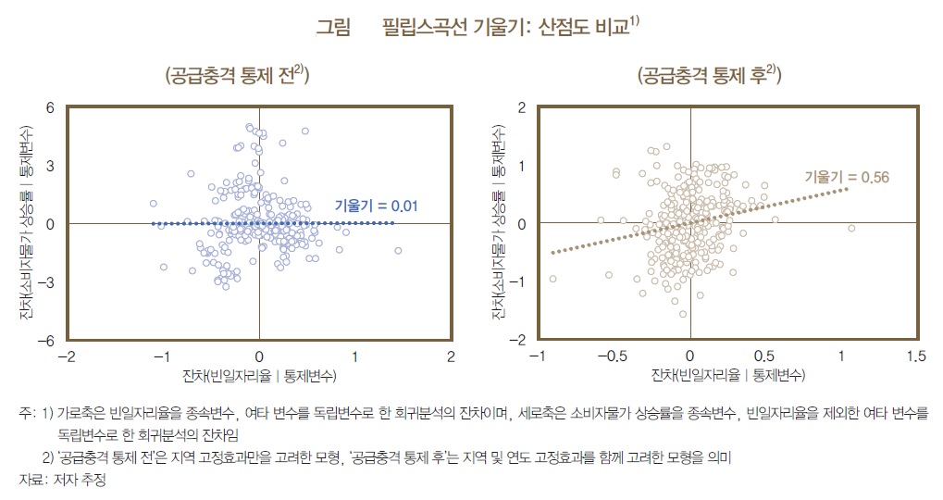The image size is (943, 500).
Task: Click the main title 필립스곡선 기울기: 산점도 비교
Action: [505, 29]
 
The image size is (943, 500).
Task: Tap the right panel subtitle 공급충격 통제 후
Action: [709, 76]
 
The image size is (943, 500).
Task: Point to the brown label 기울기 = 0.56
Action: [839, 176]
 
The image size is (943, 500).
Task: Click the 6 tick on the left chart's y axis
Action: [51, 107]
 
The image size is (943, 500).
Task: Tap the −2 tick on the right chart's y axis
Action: [518, 341]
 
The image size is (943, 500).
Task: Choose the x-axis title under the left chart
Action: [259, 376]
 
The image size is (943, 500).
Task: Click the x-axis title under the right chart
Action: [727, 376]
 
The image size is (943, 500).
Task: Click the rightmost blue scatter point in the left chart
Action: [399, 251]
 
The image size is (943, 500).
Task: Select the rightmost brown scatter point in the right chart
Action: [851, 228]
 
